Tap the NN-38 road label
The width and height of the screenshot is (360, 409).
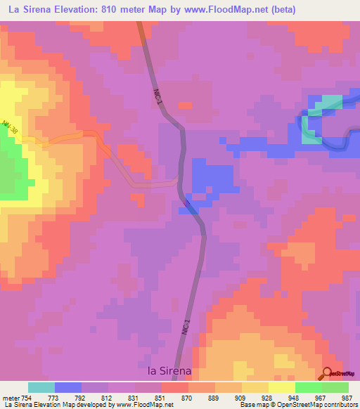point(11,128)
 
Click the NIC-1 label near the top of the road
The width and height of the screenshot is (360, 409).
point(159,96)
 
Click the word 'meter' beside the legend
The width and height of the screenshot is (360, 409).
point(10,397)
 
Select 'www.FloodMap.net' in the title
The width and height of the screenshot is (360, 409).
point(217,9)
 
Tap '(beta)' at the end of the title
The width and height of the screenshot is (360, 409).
point(281,9)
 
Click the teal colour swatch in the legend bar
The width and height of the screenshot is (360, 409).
point(41,387)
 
